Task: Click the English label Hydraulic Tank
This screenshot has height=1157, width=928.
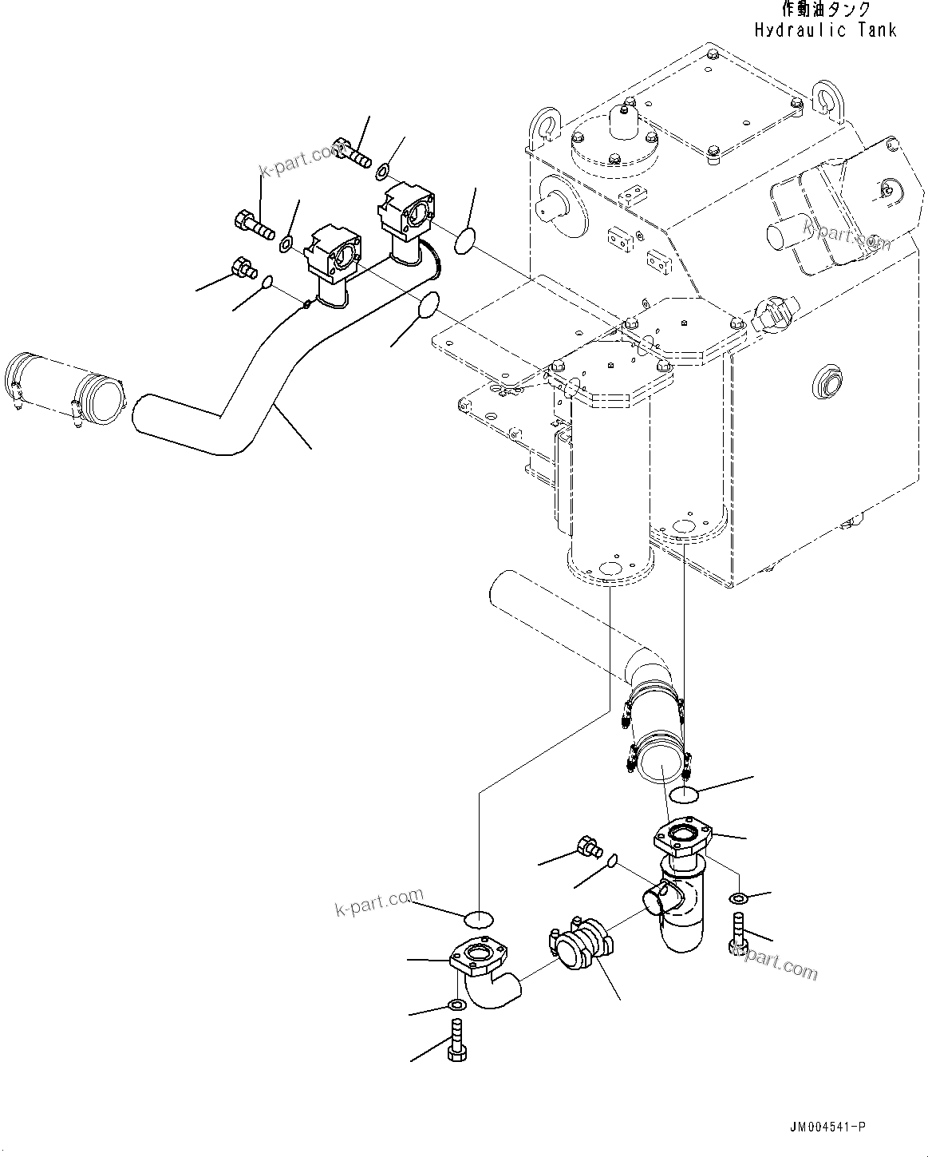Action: (825, 30)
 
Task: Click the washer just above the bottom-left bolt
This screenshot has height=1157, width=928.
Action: (457, 1004)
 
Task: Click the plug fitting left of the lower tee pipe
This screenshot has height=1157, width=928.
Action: (588, 846)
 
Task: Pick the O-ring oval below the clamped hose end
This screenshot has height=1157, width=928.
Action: (685, 794)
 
